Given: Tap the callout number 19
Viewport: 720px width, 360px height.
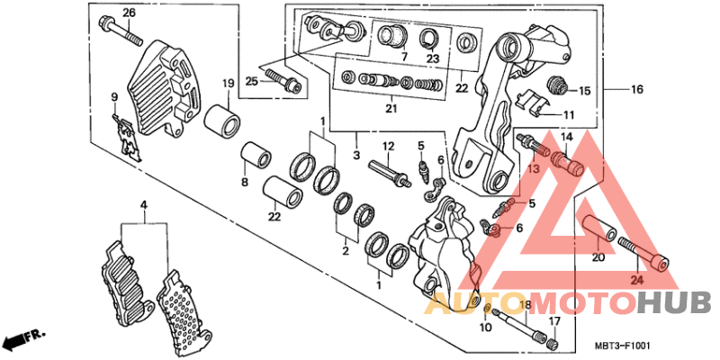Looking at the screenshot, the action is point(229,84).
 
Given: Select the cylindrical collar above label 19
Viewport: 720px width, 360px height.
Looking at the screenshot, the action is point(222,121).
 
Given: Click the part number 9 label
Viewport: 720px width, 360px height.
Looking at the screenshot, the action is point(114,97).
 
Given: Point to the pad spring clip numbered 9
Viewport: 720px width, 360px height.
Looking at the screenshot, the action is point(126,137).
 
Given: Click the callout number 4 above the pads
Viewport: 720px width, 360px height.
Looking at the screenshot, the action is point(144,205).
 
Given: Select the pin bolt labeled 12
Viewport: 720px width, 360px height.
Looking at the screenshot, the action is point(389,172).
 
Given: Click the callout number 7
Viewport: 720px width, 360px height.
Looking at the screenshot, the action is point(404,58).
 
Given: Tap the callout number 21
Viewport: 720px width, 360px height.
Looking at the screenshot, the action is point(391,108).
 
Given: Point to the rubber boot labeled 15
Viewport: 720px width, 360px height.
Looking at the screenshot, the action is point(558,85).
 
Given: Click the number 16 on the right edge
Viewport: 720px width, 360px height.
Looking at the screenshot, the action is point(637,89).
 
